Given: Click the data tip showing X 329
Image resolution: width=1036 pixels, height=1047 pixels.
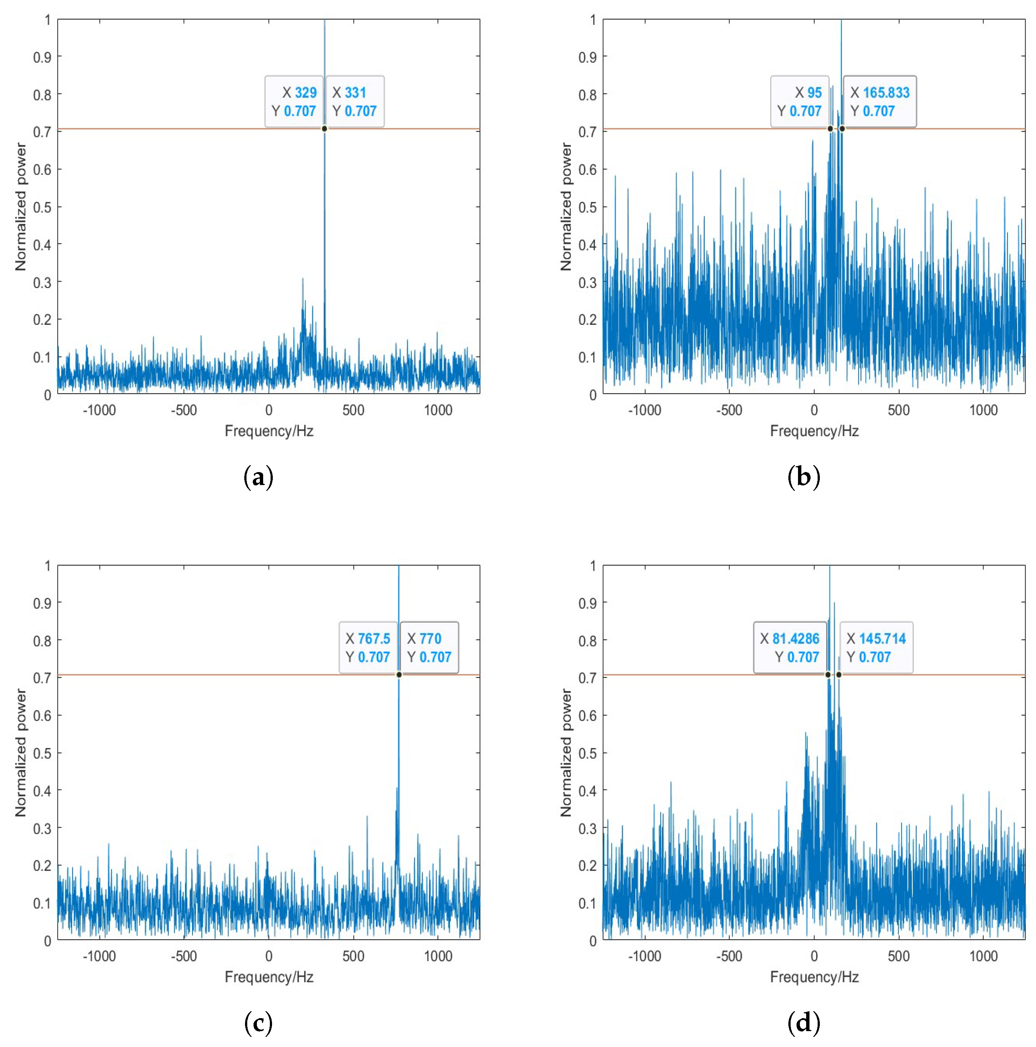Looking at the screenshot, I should pos(294,101).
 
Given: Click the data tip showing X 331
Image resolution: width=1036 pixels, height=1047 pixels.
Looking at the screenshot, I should pos(355,101).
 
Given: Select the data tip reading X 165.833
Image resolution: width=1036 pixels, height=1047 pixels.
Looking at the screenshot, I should pos(879,101).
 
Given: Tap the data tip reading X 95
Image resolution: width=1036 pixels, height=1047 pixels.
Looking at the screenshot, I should pos(799,101).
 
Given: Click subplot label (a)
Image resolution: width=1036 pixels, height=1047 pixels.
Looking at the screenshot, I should pos(259,477).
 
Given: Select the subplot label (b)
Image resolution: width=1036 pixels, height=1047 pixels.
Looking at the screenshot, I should pos(804,477).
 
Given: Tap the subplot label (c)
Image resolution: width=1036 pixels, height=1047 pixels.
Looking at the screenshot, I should pos(259,1023).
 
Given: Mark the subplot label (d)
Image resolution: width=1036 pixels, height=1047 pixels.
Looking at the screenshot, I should pos(804,1023).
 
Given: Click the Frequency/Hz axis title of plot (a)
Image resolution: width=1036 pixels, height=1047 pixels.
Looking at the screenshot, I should pos(269,431).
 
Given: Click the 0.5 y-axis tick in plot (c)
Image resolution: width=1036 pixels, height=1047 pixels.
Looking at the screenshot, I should pos(42,753).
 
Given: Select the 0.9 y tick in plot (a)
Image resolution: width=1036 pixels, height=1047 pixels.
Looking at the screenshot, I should pos(42,57).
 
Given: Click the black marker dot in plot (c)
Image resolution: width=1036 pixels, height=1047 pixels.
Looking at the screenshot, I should pos(399,675).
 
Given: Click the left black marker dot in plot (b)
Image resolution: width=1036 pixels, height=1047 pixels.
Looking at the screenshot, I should pos(830,128).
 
